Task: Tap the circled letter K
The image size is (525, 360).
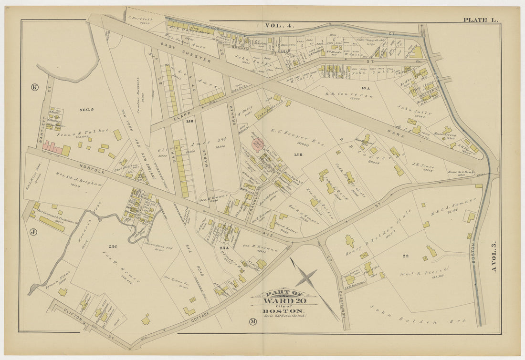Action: [34, 87]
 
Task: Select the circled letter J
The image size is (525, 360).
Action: [33, 232]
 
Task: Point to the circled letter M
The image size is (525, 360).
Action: [252, 322]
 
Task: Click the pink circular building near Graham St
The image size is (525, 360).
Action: [257, 145]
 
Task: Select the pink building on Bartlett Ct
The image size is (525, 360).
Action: [53, 149]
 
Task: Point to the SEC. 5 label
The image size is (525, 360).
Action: [86, 110]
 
